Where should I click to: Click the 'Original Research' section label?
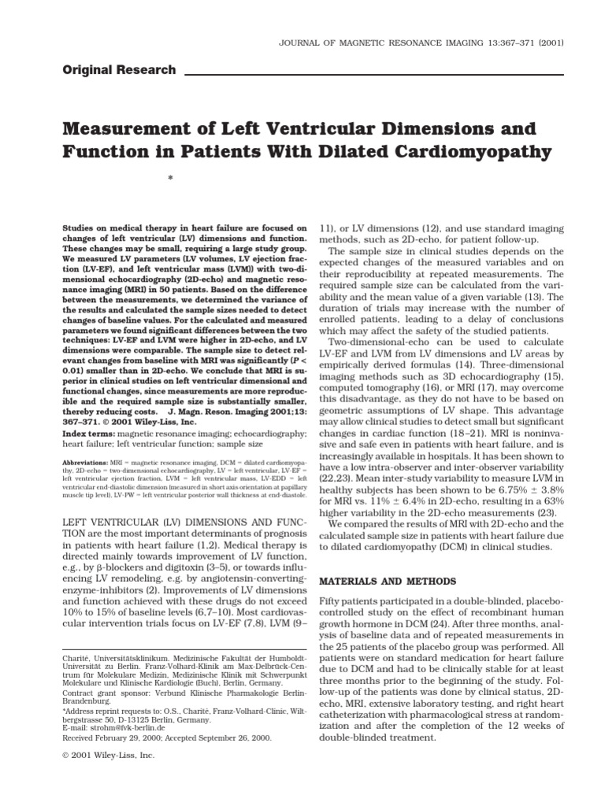pyautogui.click(x=119, y=70)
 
